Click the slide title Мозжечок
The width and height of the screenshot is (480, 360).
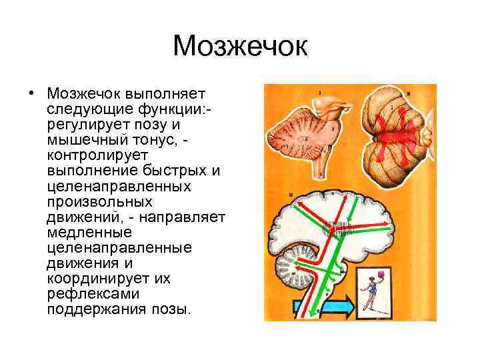pos(240,46)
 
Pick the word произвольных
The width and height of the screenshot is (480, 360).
pos(100,201)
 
